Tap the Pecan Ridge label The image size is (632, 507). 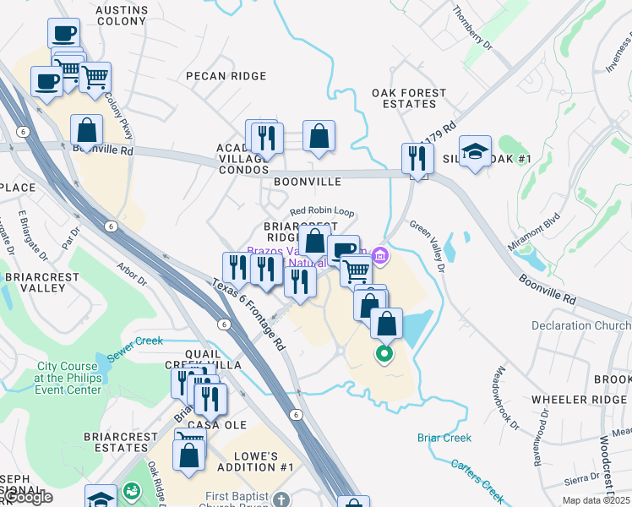pyautogui.click(x=226, y=76)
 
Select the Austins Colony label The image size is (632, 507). pyautogui.click(x=123, y=17)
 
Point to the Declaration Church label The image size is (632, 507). pyautogui.click(x=581, y=325)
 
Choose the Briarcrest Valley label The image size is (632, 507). pyautogui.click(x=35, y=282)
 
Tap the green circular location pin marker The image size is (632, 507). pyautogui.click(x=384, y=354)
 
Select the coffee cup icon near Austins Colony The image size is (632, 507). pyautogui.click(x=63, y=35)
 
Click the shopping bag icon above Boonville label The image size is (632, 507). pyautogui.click(x=319, y=136)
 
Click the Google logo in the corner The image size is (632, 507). pyautogui.click(x=27, y=497)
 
